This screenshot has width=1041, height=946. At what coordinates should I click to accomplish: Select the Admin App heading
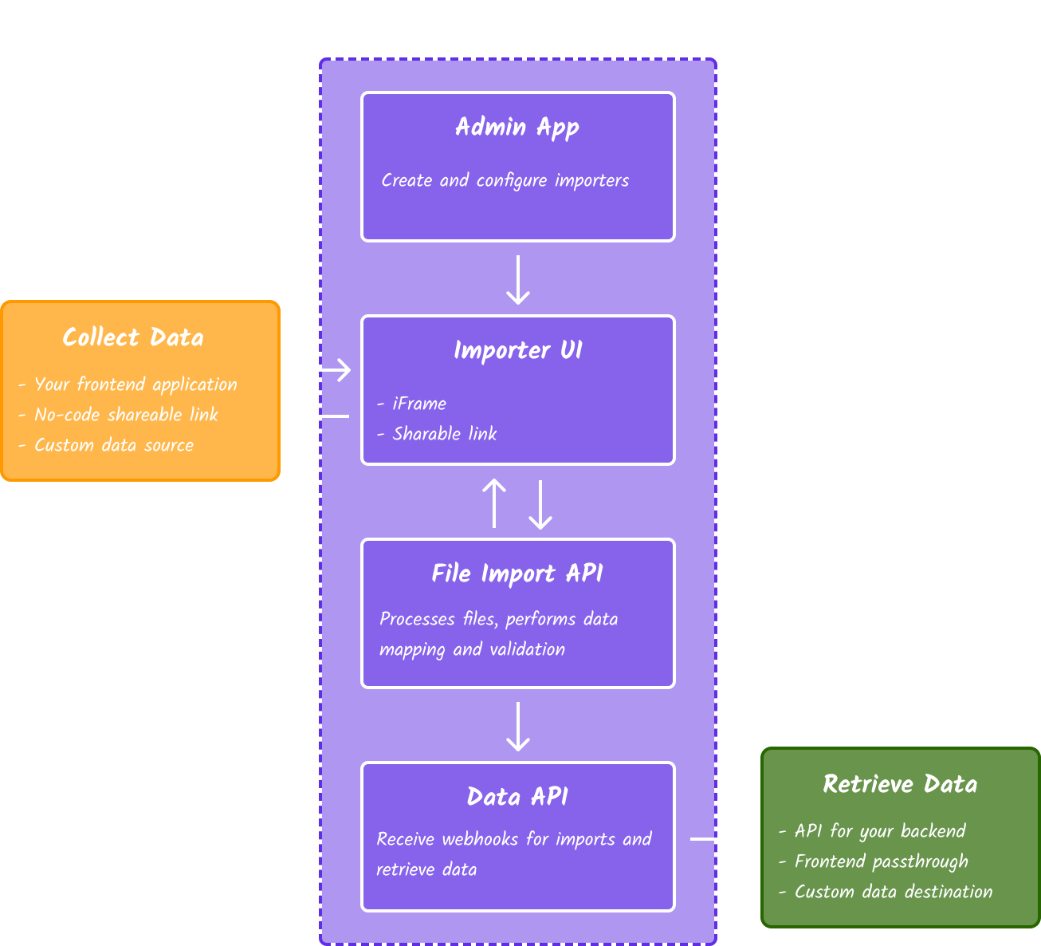tap(517, 128)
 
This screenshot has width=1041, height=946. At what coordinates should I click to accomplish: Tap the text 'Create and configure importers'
tap(505, 181)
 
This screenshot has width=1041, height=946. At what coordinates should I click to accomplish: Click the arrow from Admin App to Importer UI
tap(518, 280)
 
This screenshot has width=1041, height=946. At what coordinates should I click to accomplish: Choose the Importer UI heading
tap(517, 351)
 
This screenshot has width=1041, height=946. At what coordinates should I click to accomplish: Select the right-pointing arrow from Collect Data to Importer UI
tap(320, 370)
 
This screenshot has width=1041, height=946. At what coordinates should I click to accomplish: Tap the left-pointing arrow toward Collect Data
tap(319, 416)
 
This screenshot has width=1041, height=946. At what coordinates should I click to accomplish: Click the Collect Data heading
tap(133, 337)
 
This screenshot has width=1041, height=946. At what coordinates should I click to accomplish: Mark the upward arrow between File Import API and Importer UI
tap(494, 503)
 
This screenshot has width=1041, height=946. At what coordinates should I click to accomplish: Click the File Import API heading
tap(517, 574)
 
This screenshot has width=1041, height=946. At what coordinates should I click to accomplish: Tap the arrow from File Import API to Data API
tap(518, 727)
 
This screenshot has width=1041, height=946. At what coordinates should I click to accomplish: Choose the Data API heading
tap(517, 798)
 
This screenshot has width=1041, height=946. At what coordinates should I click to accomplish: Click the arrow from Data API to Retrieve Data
tap(721, 839)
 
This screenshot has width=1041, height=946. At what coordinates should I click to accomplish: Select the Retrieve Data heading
tap(900, 784)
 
